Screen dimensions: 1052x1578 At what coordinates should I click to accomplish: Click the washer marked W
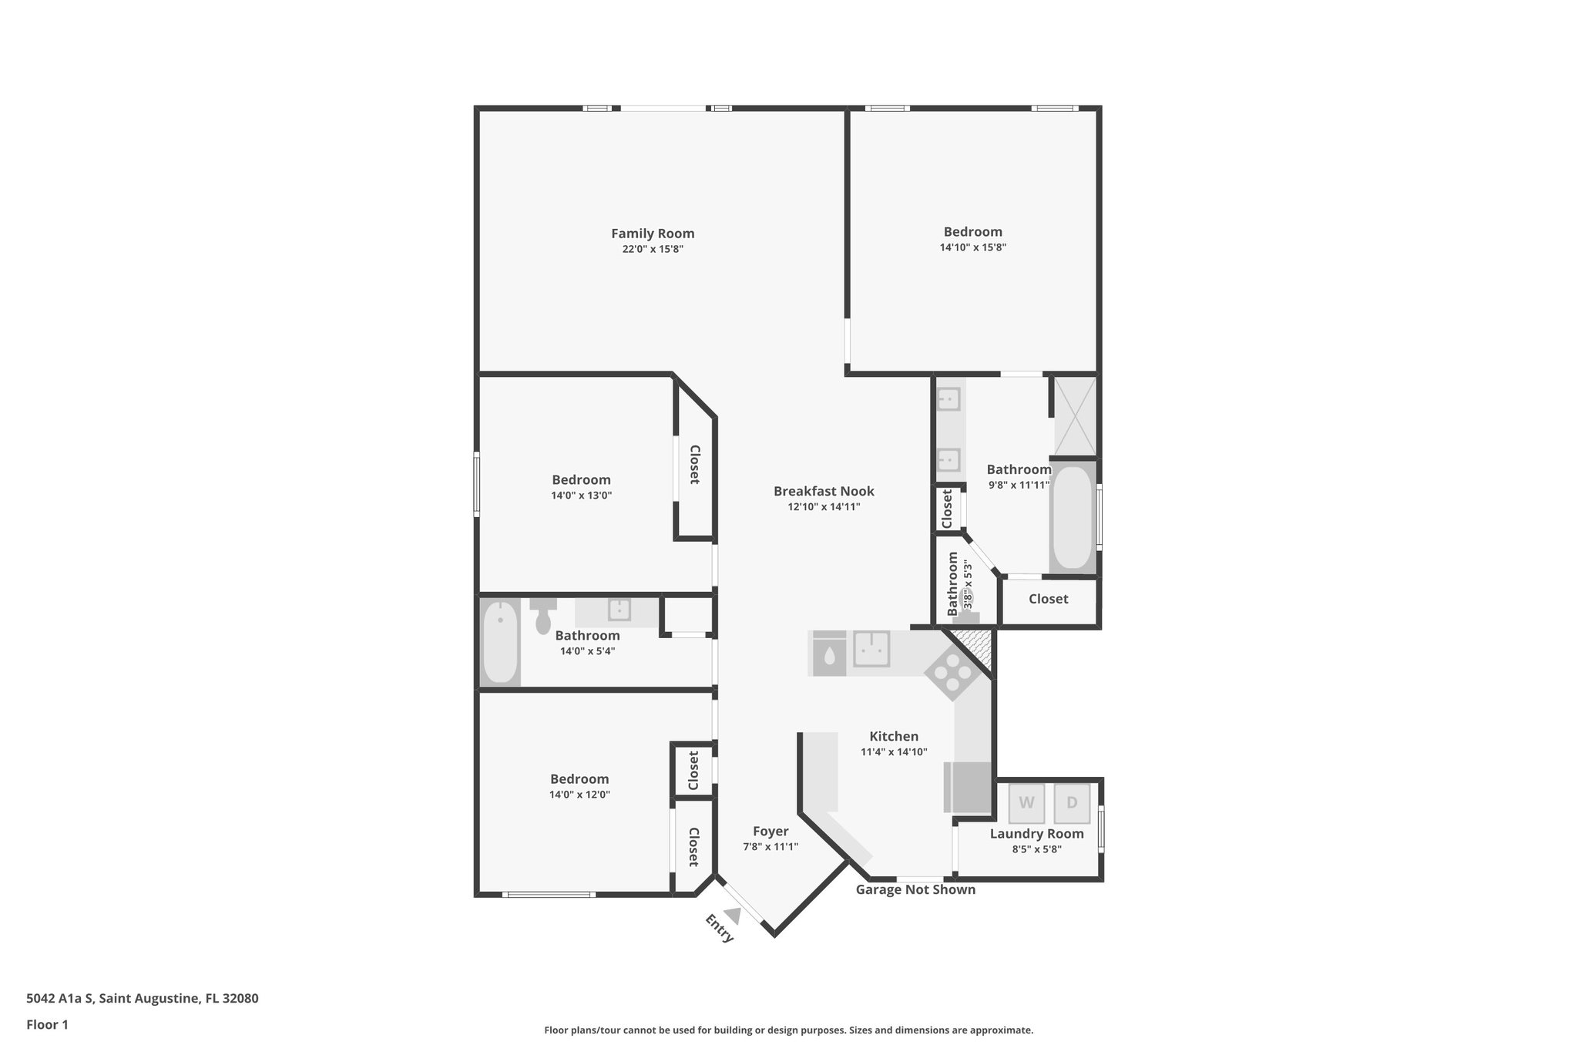pyautogui.click(x=1026, y=803)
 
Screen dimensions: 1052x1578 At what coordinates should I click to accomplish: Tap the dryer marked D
pyautogui.click(x=1072, y=803)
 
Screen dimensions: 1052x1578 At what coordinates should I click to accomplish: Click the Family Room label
pyautogui.click(x=653, y=234)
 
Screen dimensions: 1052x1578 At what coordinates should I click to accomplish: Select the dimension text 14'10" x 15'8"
pyautogui.click(x=972, y=247)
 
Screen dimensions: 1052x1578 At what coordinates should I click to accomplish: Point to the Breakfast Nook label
pyautogui.click(x=824, y=491)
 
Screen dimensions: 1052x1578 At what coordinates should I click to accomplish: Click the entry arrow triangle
pyautogui.click(x=733, y=916)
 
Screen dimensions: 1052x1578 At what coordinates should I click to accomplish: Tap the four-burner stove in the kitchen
pyautogui.click(x=952, y=672)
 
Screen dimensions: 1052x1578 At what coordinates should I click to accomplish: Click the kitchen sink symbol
pyautogui.click(x=871, y=649)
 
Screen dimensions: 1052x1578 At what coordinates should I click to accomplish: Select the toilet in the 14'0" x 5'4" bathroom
pyautogui.click(x=543, y=616)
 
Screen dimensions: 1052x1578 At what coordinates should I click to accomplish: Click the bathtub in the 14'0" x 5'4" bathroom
pyautogui.click(x=500, y=642)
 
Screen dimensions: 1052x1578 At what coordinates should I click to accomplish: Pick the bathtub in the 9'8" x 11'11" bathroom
pyautogui.click(x=1072, y=517)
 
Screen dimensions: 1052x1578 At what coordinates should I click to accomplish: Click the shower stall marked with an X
pyautogui.click(x=1074, y=415)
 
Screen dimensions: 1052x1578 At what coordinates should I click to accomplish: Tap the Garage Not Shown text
pyautogui.click(x=915, y=889)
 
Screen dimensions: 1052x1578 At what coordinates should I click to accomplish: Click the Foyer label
pyautogui.click(x=771, y=831)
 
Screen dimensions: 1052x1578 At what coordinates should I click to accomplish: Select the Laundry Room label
pyautogui.click(x=1036, y=833)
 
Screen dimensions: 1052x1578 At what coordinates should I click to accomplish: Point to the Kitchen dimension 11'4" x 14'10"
pyautogui.click(x=894, y=751)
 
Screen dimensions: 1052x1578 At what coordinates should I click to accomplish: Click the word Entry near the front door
pyautogui.click(x=719, y=928)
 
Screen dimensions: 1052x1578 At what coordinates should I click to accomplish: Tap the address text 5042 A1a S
pyautogui.click(x=60, y=998)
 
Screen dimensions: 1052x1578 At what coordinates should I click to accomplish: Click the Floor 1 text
pyautogui.click(x=47, y=1024)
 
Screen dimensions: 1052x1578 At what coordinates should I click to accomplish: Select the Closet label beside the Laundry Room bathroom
pyautogui.click(x=1048, y=599)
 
